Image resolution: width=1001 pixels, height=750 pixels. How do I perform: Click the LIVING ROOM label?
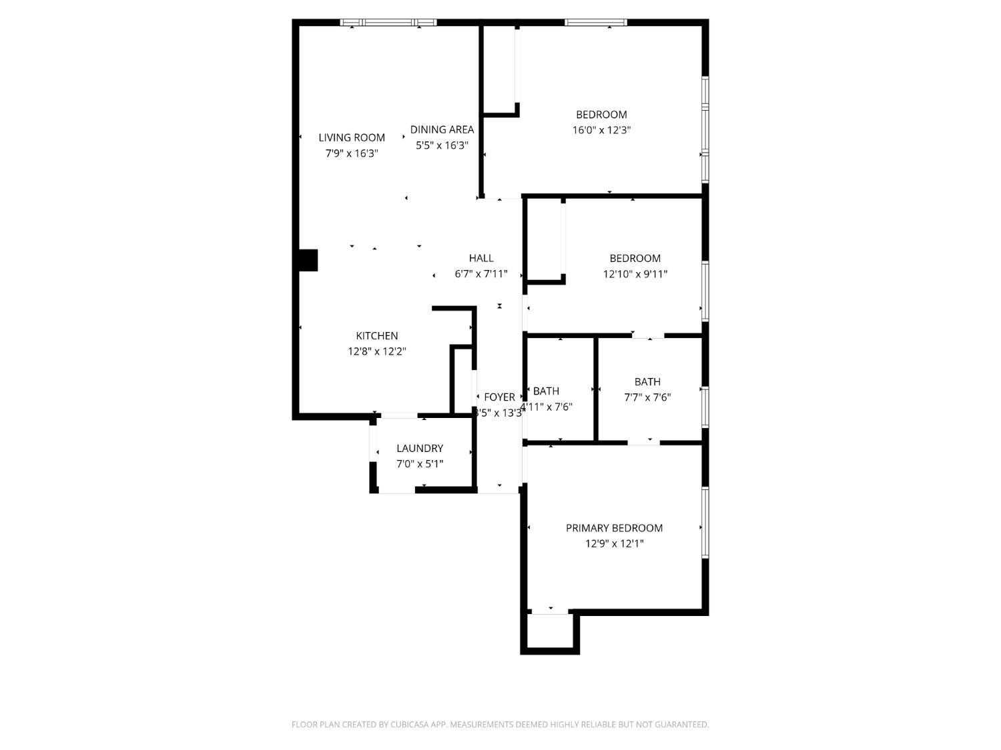click(x=352, y=137)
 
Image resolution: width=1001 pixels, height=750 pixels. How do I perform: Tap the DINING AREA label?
click(x=442, y=129)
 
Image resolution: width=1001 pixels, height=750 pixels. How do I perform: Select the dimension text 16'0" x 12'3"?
click(x=601, y=130)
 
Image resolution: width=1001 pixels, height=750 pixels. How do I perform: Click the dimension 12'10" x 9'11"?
click(x=635, y=274)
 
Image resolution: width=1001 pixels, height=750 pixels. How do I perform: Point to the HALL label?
click(x=481, y=258)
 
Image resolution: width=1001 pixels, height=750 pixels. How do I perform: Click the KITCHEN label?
click(x=377, y=336)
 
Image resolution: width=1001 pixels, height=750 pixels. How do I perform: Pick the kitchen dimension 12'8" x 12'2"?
click(x=377, y=351)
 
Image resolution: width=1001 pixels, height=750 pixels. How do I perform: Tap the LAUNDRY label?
click(x=420, y=448)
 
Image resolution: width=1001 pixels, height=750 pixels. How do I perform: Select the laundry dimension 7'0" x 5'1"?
click(x=420, y=464)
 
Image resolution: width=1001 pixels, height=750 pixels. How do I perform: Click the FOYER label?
click(x=499, y=397)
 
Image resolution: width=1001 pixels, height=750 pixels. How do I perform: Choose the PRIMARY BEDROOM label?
click(x=614, y=528)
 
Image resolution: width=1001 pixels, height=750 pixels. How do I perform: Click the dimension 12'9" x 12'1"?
click(x=614, y=543)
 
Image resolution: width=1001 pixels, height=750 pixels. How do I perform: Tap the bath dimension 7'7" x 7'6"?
click(x=647, y=397)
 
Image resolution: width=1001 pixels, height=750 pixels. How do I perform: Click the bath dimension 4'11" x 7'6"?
click(x=547, y=407)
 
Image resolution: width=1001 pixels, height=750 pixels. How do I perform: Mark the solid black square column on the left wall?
click(x=308, y=260)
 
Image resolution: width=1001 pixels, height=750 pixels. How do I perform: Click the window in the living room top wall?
click(x=388, y=23)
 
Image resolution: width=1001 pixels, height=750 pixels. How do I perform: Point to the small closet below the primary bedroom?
click(x=550, y=630)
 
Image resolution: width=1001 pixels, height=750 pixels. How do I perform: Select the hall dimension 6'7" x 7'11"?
click(x=481, y=274)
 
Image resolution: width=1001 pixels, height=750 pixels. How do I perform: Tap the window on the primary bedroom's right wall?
click(x=705, y=523)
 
